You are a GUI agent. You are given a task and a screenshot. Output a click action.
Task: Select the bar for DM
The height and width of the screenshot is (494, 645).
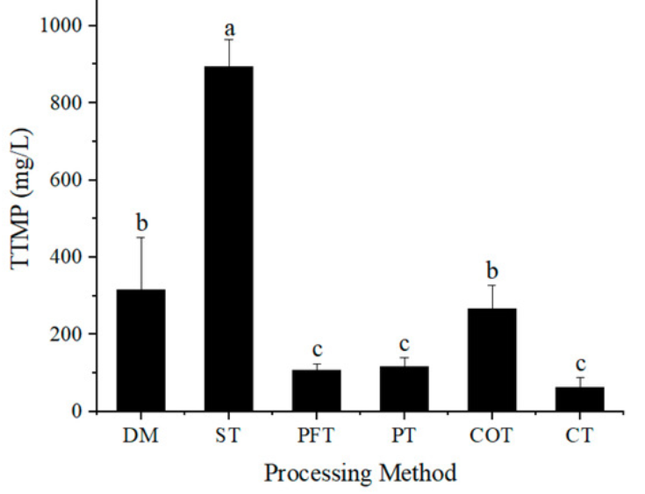(x=140, y=350)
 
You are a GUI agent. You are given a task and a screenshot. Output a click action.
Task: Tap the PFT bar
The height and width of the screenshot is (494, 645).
(x=316, y=390)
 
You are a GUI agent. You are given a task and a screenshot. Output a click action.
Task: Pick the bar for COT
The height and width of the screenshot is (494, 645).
(x=491, y=360)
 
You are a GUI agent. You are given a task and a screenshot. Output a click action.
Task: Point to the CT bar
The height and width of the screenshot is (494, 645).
(x=579, y=399)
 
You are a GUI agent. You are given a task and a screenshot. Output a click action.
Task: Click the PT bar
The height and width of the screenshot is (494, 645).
(x=404, y=389)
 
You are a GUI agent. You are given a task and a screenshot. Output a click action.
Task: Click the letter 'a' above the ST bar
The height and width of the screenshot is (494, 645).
(x=229, y=25)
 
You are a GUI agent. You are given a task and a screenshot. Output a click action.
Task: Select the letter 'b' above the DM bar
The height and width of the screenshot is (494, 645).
(x=140, y=221)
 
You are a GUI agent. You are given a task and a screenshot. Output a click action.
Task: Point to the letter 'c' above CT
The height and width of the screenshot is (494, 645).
(x=579, y=363)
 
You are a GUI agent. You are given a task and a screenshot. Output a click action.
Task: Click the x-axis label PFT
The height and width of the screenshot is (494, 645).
(x=316, y=434)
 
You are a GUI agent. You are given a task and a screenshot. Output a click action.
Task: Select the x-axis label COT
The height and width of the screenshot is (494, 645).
(x=491, y=434)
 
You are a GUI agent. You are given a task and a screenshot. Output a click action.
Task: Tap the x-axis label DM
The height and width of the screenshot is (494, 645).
(x=140, y=434)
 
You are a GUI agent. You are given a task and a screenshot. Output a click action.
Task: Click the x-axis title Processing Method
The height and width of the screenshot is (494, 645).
(x=360, y=474)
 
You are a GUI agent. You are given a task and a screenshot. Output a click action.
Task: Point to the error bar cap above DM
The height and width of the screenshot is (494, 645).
(x=140, y=238)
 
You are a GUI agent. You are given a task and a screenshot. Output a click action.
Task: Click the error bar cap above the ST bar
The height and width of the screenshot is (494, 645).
(x=228, y=39)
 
